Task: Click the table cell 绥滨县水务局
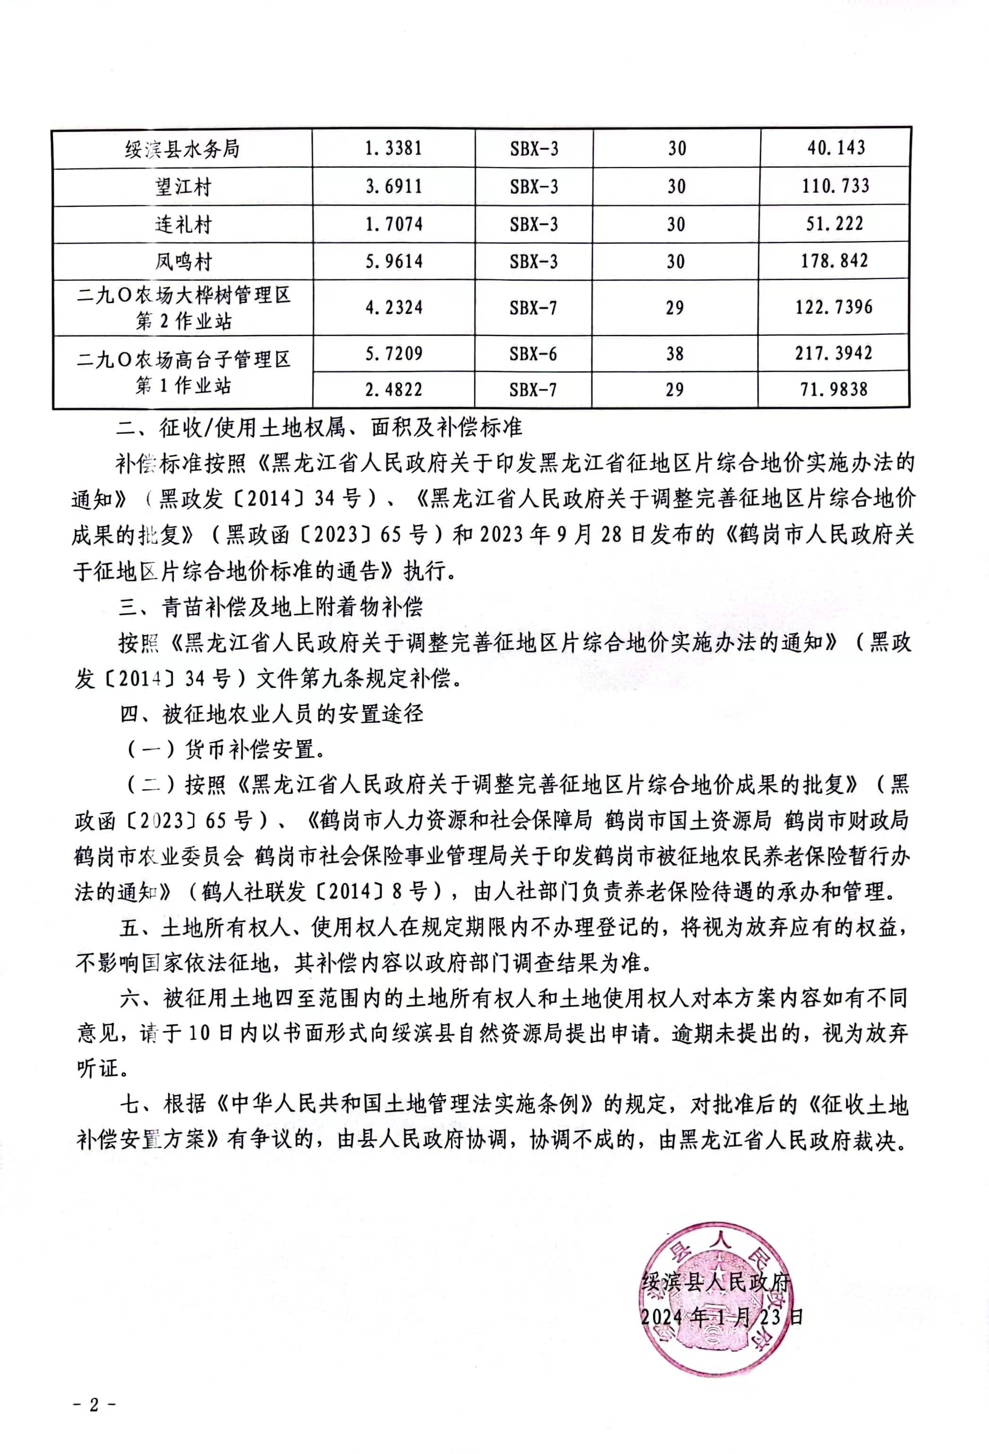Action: coord(182,149)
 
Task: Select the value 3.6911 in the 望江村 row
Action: coord(394,186)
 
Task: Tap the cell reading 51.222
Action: coord(835,224)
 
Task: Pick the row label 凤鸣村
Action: coord(182,262)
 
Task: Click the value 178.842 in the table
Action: coord(835,261)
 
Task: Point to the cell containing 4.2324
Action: coord(394,308)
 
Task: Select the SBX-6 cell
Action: coord(533,354)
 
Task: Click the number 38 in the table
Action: coord(675,354)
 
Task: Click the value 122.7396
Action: coord(834,307)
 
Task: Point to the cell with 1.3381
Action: coord(394,148)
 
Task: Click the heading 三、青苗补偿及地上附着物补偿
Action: coord(271,606)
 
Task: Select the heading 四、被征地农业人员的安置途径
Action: coord(272,714)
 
